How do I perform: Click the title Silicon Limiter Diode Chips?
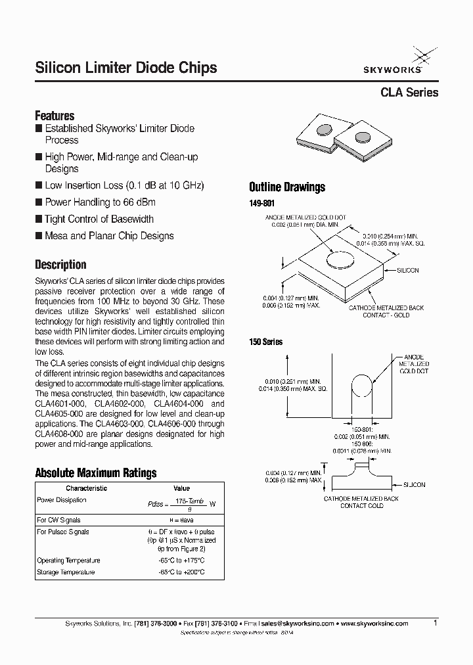tap(125, 68)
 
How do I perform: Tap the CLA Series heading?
tap(409, 93)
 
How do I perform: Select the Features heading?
tap(55, 116)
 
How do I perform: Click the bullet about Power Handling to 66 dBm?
tap(100, 202)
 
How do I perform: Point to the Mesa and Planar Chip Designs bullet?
tap(109, 236)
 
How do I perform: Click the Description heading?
tap(60, 265)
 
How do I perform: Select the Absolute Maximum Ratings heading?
tap(95, 473)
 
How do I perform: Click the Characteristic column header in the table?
tap(86, 488)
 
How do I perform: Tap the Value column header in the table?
tap(181, 488)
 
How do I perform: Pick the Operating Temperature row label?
tap(69, 561)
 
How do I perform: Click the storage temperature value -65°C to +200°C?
tap(181, 572)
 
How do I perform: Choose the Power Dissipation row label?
tap(62, 500)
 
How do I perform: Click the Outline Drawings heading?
tap(287, 187)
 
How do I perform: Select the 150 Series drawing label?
tap(265, 342)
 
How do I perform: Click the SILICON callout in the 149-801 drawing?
tap(407, 270)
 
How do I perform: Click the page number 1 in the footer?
tap(436, 622)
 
